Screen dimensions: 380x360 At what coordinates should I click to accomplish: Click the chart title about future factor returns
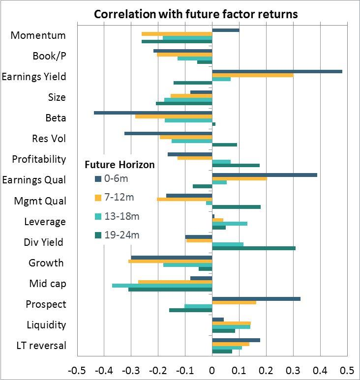tap(196, 14)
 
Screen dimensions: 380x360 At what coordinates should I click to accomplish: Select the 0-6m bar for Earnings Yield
tap(277, 71)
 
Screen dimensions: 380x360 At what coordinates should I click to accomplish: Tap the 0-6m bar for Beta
tap(153, 113)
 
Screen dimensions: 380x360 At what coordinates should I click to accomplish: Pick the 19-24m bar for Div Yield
tap(254, 248)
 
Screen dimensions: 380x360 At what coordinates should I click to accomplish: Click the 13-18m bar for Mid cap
tap(162, 286)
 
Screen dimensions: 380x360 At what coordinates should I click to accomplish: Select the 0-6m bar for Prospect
tap(256, 298)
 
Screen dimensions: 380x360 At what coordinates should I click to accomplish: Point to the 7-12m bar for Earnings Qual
tap(240, 178)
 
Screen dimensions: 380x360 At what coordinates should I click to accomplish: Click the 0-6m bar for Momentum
tap(226, 30)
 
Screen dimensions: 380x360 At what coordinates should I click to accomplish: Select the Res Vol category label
tap(45, 139)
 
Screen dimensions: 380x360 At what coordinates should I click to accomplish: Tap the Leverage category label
tap(45, 222)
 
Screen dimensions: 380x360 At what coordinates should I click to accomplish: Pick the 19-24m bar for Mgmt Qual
tap(236, 207)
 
